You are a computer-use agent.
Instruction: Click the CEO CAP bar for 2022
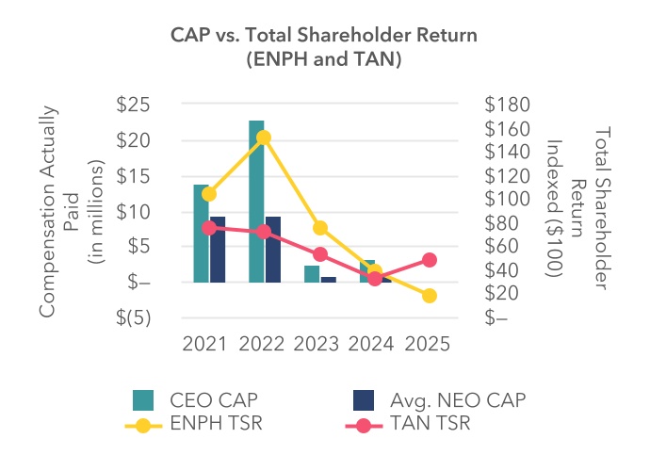coord(256,201)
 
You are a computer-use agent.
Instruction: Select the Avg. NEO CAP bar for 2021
coord(218,250)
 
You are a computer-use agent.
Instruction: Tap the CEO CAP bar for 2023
coord(312,274)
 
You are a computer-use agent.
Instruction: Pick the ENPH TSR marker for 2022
coord(264,138)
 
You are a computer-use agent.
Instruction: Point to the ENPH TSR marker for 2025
coord(430,296)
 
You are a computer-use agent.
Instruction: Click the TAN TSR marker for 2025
coord(430,260)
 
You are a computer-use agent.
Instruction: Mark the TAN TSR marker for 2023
coord(319,254)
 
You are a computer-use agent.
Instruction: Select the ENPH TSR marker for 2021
coord(209,194)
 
